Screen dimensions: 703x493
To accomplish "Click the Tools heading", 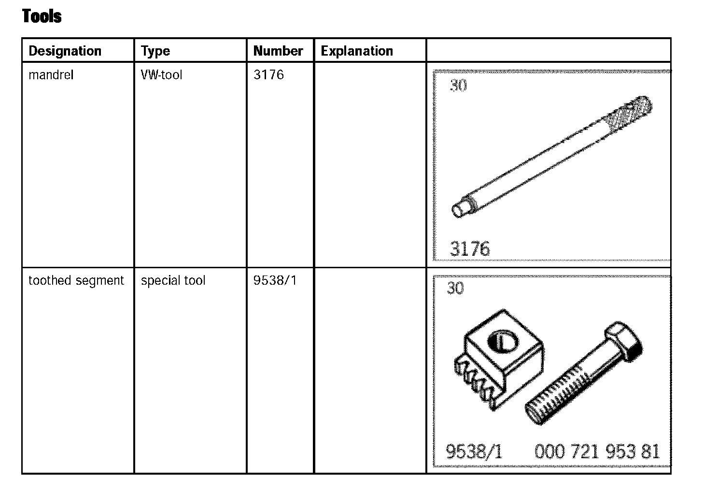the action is [42, 16].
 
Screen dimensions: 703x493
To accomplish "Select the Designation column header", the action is [65, 51].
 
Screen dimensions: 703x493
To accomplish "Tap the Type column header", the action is [155, 51].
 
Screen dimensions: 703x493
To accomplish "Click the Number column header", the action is [278, 51].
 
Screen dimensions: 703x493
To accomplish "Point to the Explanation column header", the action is [357, 51].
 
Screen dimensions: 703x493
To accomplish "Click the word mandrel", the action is [51, 75].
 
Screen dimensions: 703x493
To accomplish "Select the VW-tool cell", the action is [161, 75].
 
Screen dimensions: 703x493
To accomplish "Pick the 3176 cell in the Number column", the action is [268, 75].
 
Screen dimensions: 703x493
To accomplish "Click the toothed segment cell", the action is [76, 281].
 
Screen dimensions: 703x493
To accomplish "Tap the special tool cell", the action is [173, 281].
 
